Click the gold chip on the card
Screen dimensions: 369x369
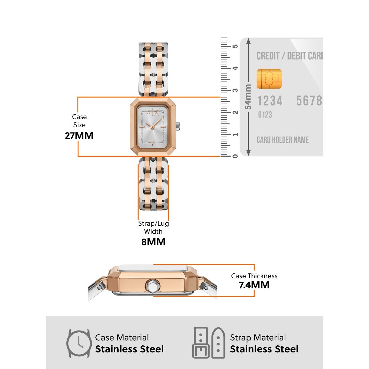[x=269, y=79]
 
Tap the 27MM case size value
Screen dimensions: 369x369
[x=79, y=136]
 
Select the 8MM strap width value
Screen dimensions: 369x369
[x=153, y=242]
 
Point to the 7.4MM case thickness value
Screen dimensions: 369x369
[x=254, y=285]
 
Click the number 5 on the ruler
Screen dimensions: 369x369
[x=235, y=46]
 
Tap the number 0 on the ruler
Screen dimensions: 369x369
[x=235, y=156]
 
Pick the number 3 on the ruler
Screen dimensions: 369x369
[x=235, y=90]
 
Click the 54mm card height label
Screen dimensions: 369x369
[x=248, y=97]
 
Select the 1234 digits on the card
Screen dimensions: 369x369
[x=270, y=101]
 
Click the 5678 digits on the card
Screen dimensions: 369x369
[x=309, y=101]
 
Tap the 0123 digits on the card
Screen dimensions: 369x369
[x=265, y=115]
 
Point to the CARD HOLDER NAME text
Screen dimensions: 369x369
[x=283, y=140]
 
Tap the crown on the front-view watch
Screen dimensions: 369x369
[x=178, y=126]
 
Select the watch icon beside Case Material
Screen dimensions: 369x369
[x=79, y=343]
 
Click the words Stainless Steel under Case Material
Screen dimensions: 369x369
[x=129, y=349]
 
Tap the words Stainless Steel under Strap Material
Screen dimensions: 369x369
[x=264, y=349]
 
